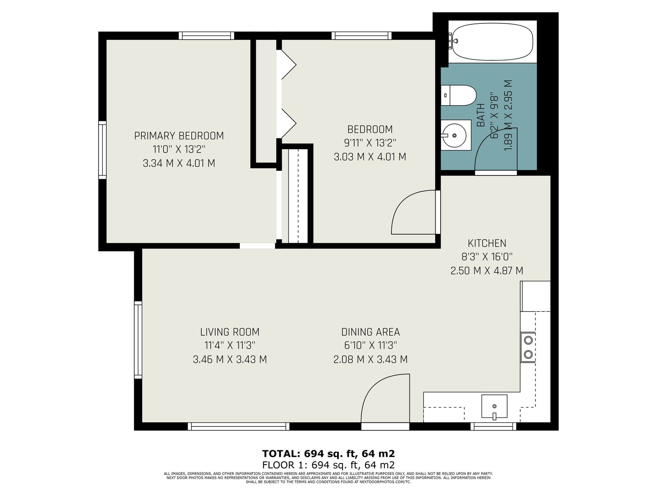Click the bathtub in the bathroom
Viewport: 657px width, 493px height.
point(492,41)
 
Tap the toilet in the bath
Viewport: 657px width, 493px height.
point(458,95)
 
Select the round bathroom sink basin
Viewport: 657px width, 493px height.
point(455,136)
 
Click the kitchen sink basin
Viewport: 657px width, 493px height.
point(494,406)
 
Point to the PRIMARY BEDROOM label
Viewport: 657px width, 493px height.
point(179,136)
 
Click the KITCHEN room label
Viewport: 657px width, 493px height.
point(487,243)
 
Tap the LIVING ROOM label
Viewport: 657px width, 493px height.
point(230,332)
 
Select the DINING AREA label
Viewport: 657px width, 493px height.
point(370,332)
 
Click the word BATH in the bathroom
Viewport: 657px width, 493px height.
point(481,115)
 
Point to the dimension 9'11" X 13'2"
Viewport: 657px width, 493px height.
point(370,143)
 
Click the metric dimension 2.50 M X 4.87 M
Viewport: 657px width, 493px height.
point(487,271)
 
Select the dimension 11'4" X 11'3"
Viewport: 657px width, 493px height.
point(230,346)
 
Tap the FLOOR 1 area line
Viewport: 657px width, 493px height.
point(328,465)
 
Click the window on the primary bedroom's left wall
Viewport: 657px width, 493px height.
point(102,150)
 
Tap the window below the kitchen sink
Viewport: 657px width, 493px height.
point(493,426)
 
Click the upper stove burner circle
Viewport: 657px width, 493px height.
point(528,340)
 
